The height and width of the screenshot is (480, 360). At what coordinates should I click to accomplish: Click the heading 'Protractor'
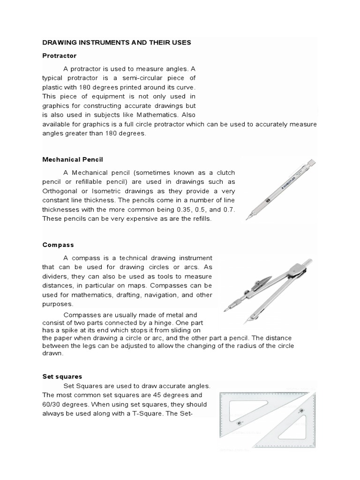(59, 55)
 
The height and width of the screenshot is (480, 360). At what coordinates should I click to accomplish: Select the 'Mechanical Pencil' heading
(73, 159)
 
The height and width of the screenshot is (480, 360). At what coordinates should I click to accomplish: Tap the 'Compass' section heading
(58, 245)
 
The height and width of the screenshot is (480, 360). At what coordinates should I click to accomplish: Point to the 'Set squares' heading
(62, 376)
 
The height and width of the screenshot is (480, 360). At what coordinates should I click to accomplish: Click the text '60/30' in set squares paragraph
(52, 404)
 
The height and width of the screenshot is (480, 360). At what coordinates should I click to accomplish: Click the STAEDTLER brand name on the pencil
(289, 181)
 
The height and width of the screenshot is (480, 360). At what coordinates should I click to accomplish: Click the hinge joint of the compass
(294, 270)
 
